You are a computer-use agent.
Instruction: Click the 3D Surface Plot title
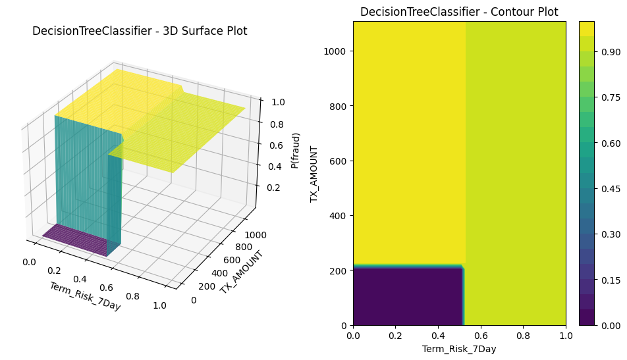(140, 31)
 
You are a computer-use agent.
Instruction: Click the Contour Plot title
(459, 12)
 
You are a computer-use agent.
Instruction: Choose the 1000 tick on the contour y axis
(337, 51)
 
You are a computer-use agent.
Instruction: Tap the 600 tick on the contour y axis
(340, 161)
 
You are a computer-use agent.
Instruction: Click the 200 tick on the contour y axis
(340, 270)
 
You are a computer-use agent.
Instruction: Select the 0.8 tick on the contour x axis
(523, 336)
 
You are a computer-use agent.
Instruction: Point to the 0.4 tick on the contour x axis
(438, 336)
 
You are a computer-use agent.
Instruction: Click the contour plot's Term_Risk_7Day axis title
(459, 349)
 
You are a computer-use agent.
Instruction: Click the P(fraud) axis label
(296, 151)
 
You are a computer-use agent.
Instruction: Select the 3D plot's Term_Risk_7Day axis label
(85, 296)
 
